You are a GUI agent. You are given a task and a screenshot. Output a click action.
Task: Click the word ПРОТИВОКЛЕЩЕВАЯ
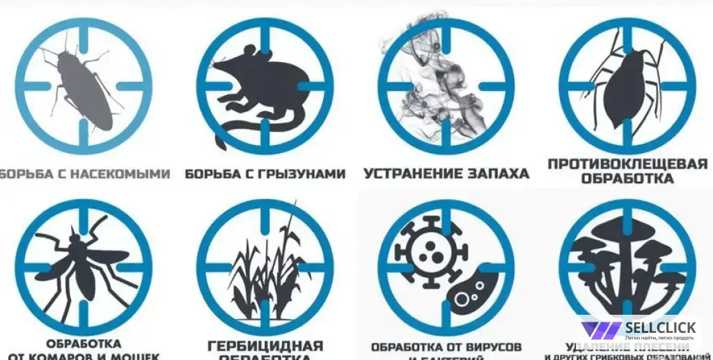[627, 164]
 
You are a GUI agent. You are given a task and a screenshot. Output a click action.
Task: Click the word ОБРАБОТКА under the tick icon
[627, 178]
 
